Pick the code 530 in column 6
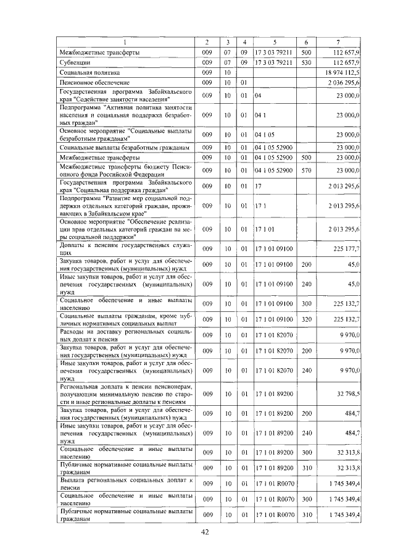click(306, 62)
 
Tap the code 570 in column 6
click(306, 169)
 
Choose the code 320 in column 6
click(306, 319)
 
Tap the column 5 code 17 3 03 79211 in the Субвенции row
click(273, 62)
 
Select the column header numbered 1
click(125, 41)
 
